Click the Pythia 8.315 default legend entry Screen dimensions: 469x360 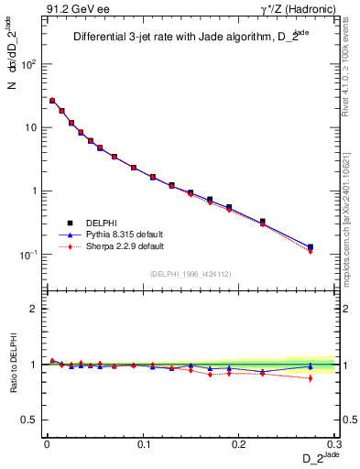tap(127, 234)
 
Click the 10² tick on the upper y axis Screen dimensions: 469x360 tap(29, 65)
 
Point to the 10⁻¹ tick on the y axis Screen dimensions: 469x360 tap(29, 255)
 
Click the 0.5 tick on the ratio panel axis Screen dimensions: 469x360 tap(31, 420)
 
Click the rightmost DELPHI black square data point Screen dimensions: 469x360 tap(311, 246)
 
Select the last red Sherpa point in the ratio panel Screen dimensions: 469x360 tap(311, 378)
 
